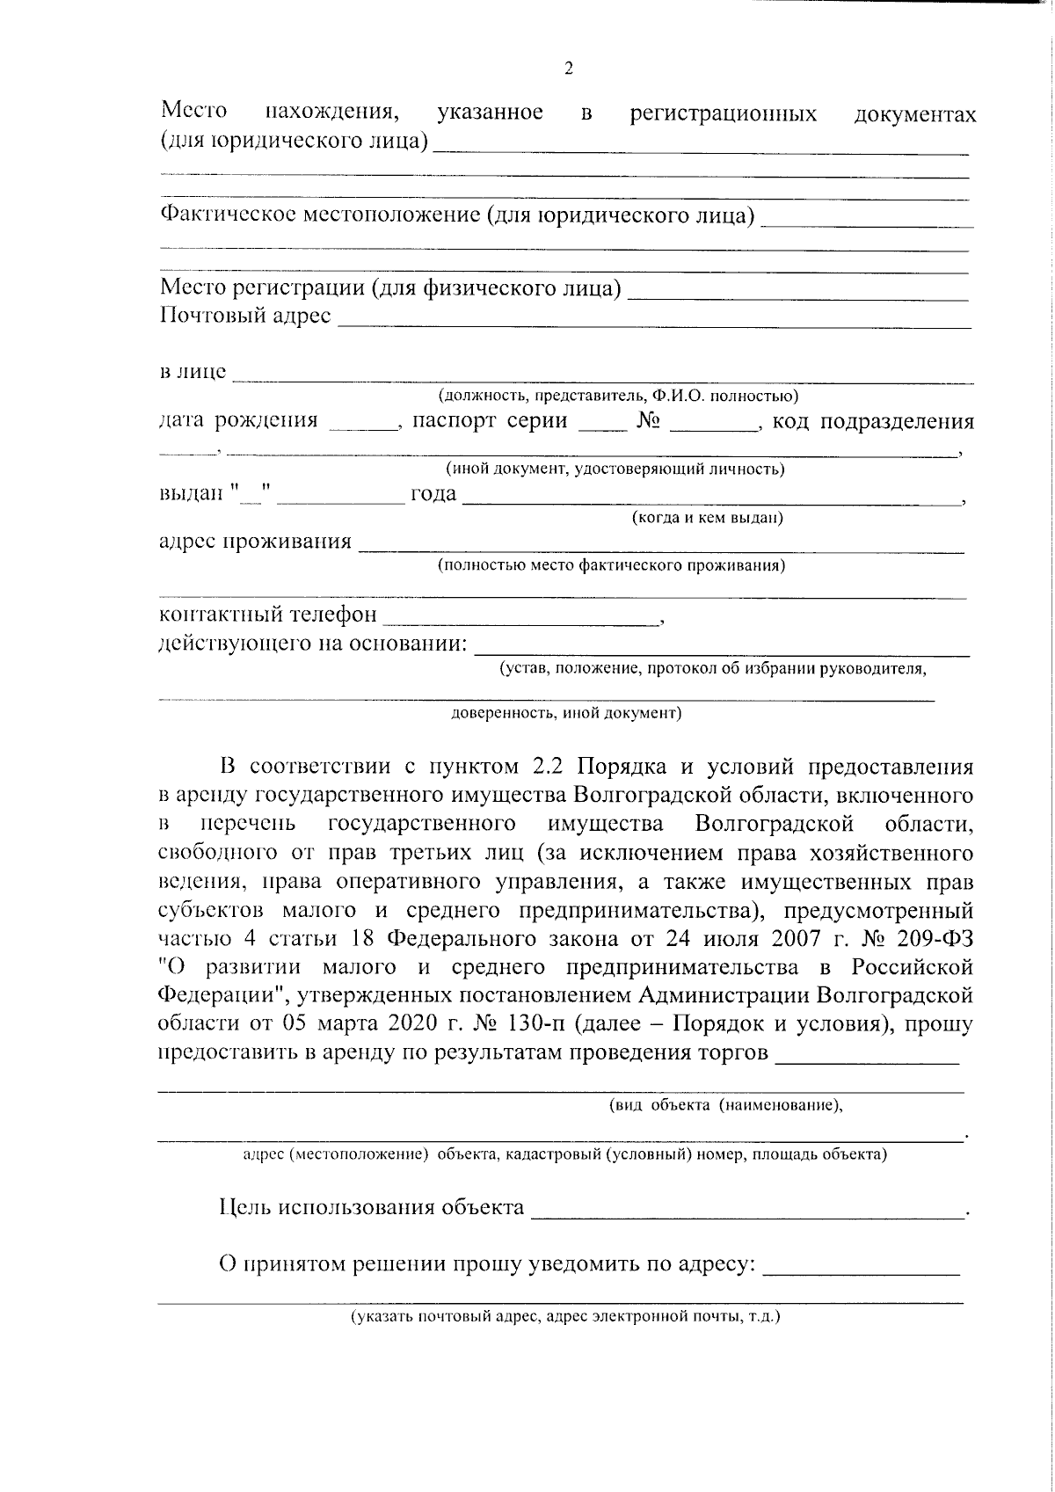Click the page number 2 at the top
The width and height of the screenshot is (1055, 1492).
568,69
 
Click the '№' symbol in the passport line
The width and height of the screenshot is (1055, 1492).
648,421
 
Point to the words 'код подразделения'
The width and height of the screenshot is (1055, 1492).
872,421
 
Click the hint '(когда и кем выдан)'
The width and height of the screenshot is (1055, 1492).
707,518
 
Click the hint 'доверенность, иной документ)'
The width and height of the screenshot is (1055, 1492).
566,713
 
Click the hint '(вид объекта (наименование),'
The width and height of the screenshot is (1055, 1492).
726,1106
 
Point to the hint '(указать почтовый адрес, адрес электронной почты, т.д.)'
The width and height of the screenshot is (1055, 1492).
565,1317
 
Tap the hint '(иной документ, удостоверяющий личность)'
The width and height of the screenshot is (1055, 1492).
615,469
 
